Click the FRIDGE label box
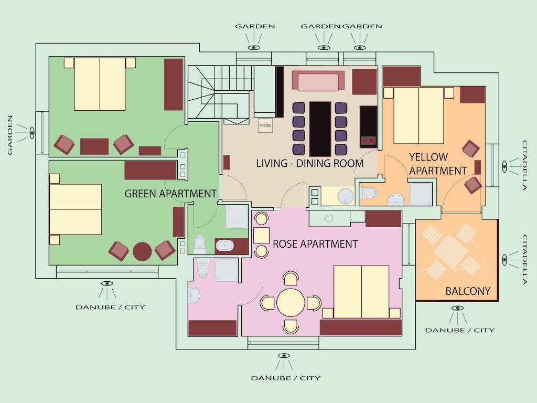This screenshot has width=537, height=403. tap(265, 125)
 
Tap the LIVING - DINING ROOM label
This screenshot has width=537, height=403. tap(310, 164)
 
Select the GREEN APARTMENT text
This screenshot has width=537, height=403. tap(170, 194)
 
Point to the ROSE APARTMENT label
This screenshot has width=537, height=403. tap(315, 244)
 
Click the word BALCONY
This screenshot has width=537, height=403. tap(468, 291)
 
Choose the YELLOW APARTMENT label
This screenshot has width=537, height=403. tap(438, 164)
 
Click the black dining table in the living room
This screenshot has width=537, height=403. tap(320, 129)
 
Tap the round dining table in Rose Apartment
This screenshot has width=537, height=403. tap(291, 303)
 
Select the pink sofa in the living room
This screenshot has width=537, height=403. tap(318, 81)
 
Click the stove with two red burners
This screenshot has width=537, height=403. tap(368, 127)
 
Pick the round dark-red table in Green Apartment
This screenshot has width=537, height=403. tap(142, 252)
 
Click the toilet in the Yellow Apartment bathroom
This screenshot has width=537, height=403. tap(368, 193)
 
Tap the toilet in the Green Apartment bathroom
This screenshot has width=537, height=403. tap(200, 243)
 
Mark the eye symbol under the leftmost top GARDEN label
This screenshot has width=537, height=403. tap(254, 48)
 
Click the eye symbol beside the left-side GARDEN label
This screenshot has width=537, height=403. tap(32, 133)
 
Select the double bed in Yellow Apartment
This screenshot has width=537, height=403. tap(418, 115)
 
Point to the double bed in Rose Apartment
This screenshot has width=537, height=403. tap(361, 292)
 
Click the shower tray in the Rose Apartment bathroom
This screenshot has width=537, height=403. tap(226, 270)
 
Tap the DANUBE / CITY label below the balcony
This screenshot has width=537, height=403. tap(460, 331)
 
